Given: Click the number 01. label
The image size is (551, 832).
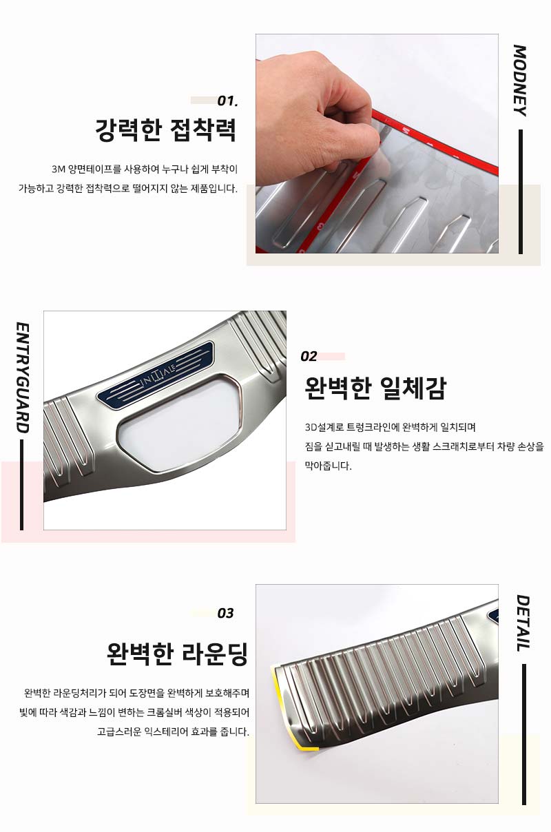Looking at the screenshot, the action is pyautogui.click(x=227, y=101).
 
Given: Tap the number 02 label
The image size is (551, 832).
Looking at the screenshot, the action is pyautogui.click(x=309, y=357).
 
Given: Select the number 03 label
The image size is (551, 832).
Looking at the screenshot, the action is pyautogui.click(x=225, y=613).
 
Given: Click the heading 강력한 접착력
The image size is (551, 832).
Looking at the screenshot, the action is pyautogui.click(x=166, y=130).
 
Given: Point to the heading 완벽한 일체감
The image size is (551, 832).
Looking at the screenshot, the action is pyautogui.click(x=375, y=388).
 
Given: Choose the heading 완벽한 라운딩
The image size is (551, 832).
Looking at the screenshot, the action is pyautogui.click(x=177, y=654).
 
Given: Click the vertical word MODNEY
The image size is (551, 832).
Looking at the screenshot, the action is pyautogui.click(x=520, y=81).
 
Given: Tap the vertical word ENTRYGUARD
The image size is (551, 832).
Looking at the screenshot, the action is pyautogui.click(x=22, y=377).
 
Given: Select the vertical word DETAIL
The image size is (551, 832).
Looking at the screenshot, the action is pyautogui.click(x=523, y=623).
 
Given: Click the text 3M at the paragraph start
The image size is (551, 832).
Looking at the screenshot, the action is pyautogui.click(x=59, y=169).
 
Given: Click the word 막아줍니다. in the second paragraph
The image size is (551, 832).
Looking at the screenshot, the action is pyautogui.click(x=328, y=466).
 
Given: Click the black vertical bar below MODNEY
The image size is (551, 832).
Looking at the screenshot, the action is pyautogui.click(x=521, y=191).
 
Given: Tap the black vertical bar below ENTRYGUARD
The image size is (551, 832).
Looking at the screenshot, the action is pyautogui.click(x=22, y=485).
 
